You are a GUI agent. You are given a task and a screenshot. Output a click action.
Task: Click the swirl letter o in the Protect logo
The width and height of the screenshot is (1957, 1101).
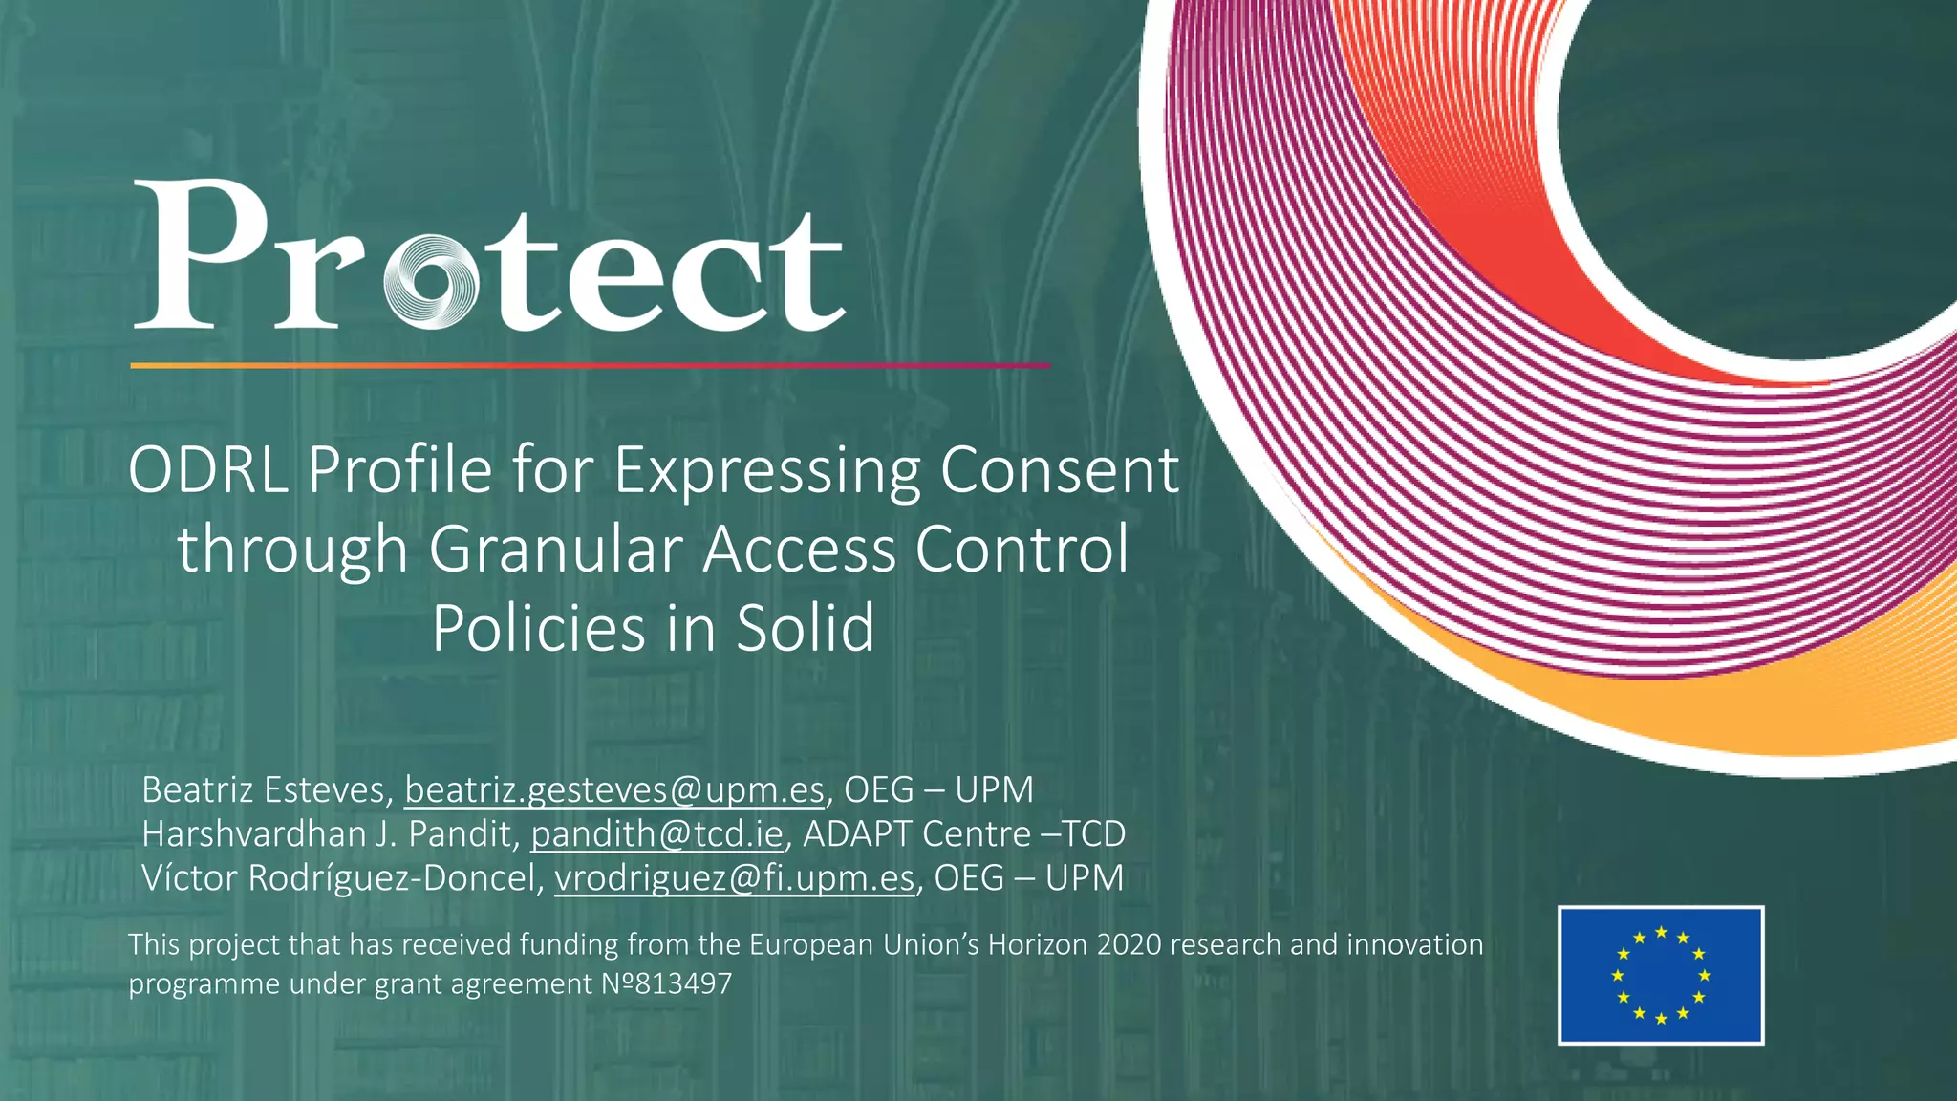(430, 282)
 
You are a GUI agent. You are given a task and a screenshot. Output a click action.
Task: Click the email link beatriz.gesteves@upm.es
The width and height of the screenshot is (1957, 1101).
(613, 790)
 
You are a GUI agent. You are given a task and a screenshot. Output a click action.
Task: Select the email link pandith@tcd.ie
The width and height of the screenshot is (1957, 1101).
(656, 834)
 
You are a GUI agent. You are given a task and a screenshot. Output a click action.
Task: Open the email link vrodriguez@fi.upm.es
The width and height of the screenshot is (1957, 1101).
(734, 878)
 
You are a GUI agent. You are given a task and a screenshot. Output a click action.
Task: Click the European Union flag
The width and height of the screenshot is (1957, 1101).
(1661, 975)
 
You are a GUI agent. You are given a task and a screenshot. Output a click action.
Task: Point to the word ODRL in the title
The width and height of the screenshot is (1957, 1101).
(208, 470)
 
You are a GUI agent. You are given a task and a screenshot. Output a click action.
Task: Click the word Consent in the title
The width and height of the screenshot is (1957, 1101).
(1059, 470)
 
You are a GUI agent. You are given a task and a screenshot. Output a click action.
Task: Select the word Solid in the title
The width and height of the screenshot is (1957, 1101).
(805, 629)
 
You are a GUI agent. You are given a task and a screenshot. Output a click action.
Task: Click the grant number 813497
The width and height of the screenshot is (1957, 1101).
(682, 983)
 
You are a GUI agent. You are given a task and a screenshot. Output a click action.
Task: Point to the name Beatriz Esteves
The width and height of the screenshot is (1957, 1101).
(263, 790)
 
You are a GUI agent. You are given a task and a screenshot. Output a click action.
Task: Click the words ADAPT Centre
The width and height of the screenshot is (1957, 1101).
(916, 834)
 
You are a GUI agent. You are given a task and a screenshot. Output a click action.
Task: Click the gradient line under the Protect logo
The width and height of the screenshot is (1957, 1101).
(590, 365)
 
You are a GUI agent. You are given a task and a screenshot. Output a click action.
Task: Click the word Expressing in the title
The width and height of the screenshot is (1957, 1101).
(765, 470)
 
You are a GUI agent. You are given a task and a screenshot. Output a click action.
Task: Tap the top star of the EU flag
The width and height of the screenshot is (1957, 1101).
(1661, 932)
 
